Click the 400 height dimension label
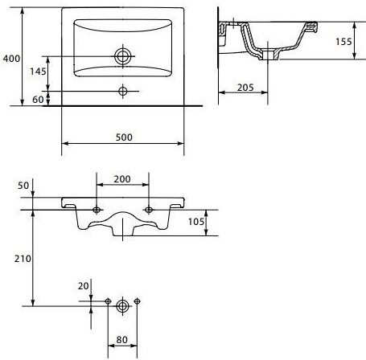(10, 59)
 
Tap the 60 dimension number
(38, 99)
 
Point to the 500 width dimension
(123, 138)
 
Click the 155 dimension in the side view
(343, 43)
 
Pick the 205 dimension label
(247, 88)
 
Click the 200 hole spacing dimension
(122, 178)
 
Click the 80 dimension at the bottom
(122, 339)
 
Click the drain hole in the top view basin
(123, 56)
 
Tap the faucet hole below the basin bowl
(123, 89)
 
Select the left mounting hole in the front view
(97, 211)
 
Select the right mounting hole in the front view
(149, 211)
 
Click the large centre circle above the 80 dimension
(122, 305)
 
